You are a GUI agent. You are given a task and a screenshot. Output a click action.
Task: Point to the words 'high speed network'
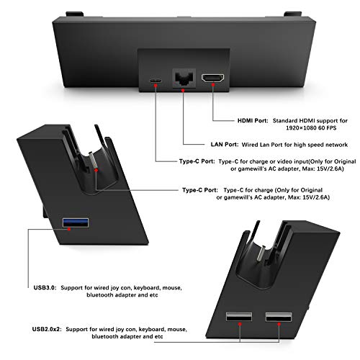(x=315, y=143)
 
